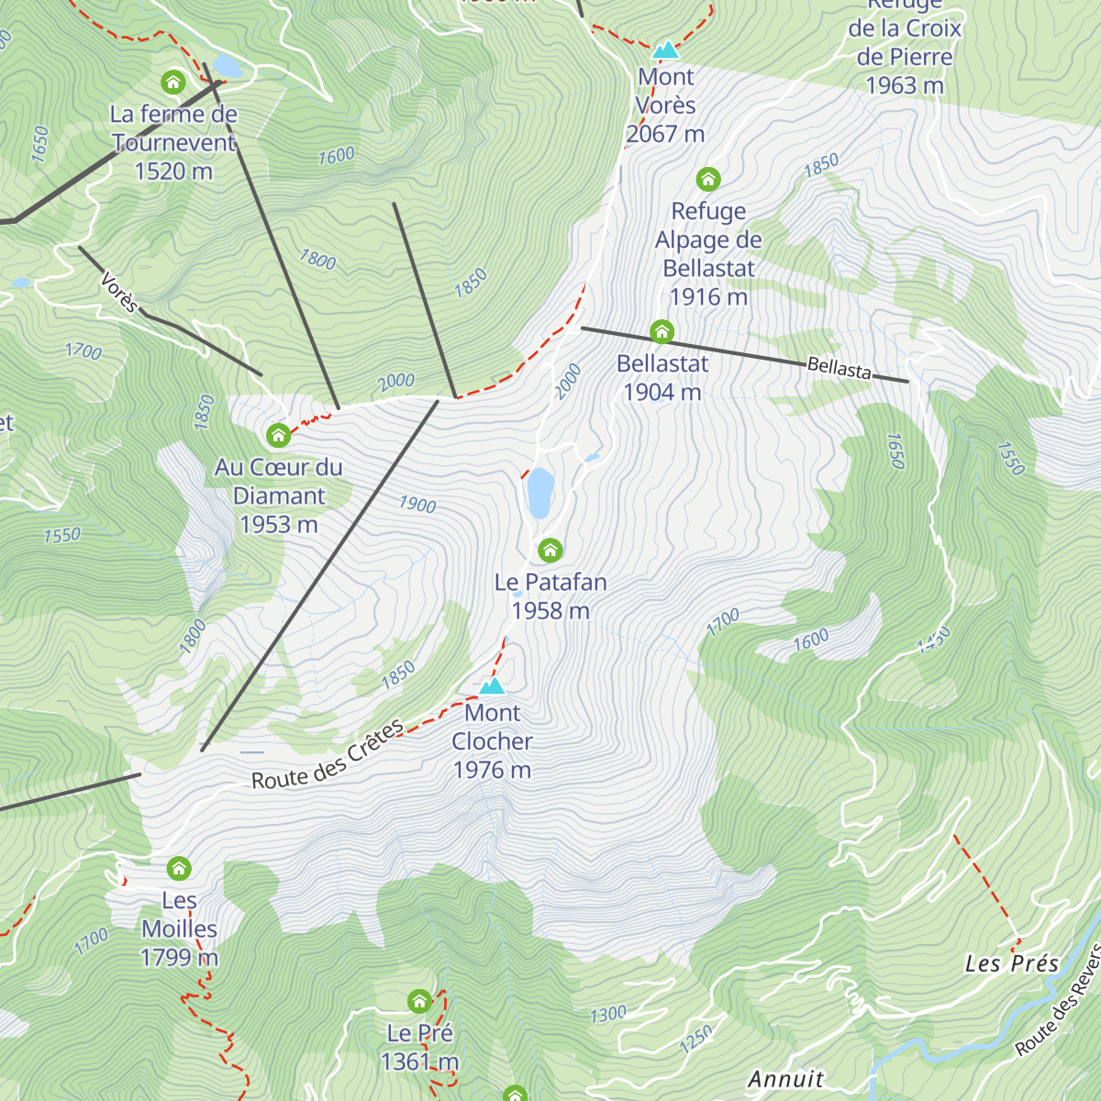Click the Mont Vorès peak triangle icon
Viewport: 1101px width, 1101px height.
665,50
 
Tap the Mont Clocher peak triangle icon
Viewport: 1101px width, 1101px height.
493,685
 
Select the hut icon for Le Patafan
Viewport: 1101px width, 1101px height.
550,550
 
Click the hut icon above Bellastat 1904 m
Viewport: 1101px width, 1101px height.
662,331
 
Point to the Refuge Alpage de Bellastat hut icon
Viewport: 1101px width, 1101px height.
707,178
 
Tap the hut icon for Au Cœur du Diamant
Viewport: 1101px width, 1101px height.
278,434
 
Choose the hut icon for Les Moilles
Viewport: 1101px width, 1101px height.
179,867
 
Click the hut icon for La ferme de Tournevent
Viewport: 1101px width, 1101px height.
172,83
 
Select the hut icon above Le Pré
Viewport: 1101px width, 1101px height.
419,1000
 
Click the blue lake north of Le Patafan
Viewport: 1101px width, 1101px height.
540,493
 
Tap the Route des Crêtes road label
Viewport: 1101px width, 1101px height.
328,755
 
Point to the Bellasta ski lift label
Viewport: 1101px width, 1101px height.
839,369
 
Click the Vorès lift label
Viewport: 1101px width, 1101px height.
118,292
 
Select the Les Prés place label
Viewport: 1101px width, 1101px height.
1011,963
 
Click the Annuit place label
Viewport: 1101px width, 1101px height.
785,1079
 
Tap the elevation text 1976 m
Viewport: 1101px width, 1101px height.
492,770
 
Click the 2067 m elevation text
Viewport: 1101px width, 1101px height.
665,134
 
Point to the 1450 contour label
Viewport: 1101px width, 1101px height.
934,639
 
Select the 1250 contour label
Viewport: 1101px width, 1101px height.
695,1039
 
